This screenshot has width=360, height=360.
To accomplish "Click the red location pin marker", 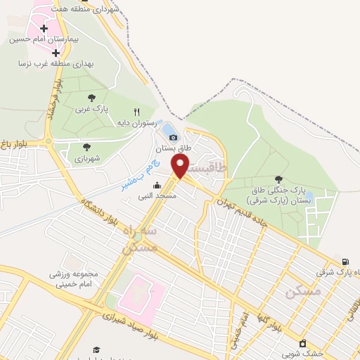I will click(181, 166).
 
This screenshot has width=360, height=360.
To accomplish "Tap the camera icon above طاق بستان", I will click(173, 137).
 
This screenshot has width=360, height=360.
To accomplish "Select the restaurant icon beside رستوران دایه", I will click(137, 112).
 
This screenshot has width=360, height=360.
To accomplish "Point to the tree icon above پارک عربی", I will click(91, 98).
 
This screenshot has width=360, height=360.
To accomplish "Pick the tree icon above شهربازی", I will click(86, 147).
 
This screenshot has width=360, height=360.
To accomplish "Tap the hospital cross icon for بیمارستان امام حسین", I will click(44, 29).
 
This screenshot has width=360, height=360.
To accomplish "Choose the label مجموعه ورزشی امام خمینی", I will click(77, 278).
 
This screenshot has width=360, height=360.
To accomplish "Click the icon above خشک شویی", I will click(302, 343).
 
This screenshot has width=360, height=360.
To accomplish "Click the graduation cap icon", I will click(96, 349).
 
